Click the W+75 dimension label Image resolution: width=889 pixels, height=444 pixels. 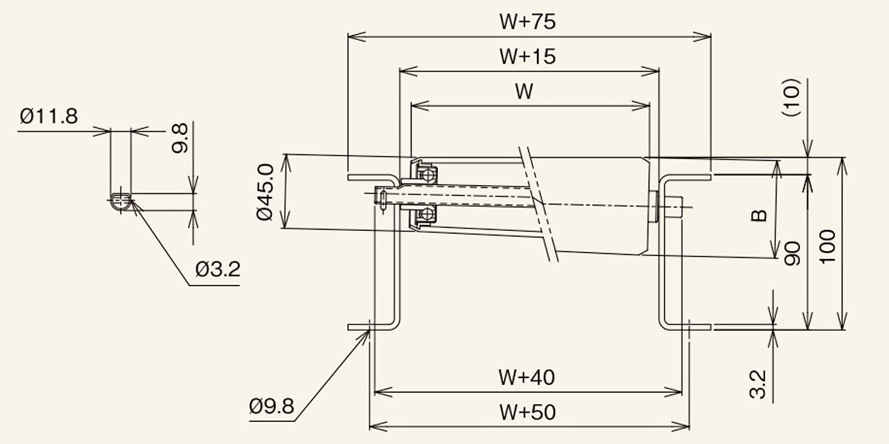coord(527,22)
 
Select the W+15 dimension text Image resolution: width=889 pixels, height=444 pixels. coord(527,56)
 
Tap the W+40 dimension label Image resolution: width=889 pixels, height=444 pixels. coord(527,378)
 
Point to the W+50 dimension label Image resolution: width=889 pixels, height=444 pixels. coord(527,412)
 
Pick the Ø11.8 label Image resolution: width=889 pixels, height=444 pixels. coord(49,117)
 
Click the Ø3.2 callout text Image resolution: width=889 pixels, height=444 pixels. coord(218,269)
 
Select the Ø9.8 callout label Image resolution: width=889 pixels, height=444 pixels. coord(271,406)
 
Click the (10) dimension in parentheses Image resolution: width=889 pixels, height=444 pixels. coord(792,98)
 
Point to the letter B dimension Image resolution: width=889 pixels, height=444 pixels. coord(758,215)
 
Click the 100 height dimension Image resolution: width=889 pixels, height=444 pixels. coord(828,246)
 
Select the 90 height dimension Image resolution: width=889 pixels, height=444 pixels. coord(792,254)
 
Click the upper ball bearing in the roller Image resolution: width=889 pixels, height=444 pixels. coord(427,175)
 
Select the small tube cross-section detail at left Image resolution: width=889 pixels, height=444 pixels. coord(121,201)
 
